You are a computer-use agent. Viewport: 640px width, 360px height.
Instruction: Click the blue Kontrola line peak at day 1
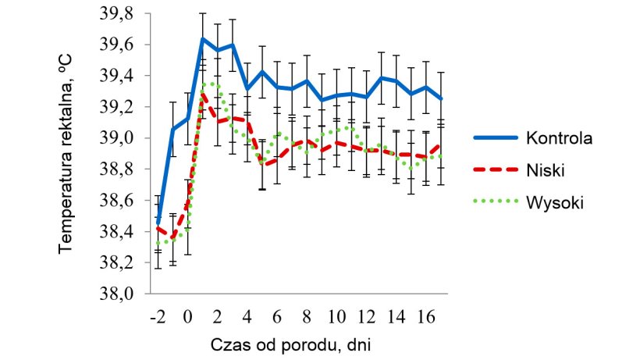202,39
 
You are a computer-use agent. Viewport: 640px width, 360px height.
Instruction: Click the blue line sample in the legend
495,138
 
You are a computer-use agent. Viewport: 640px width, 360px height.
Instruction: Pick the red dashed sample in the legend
495,170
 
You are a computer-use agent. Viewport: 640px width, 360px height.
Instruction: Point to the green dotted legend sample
495,202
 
